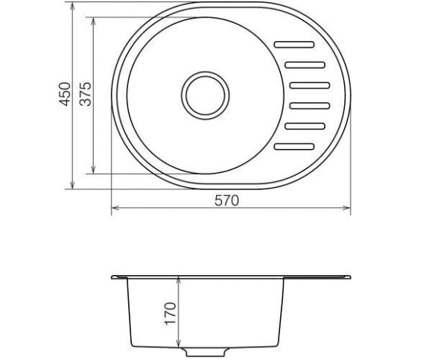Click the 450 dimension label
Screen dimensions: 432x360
(x=66, y=94)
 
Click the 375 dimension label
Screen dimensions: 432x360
(x=85, y=94)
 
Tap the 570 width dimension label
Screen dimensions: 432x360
(x=226, y=200)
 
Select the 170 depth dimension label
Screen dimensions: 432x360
(x=171, y=314)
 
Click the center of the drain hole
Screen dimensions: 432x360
(x=206, y=95)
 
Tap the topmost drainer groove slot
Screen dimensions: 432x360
(x=294, y=45)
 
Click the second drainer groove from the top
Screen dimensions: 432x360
(x=305, y=65)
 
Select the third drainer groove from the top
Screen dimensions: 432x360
(x=310, y=86)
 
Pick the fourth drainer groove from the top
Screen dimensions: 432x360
(x=310, y=106)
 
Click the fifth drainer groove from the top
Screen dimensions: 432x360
(x=305, y=126)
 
